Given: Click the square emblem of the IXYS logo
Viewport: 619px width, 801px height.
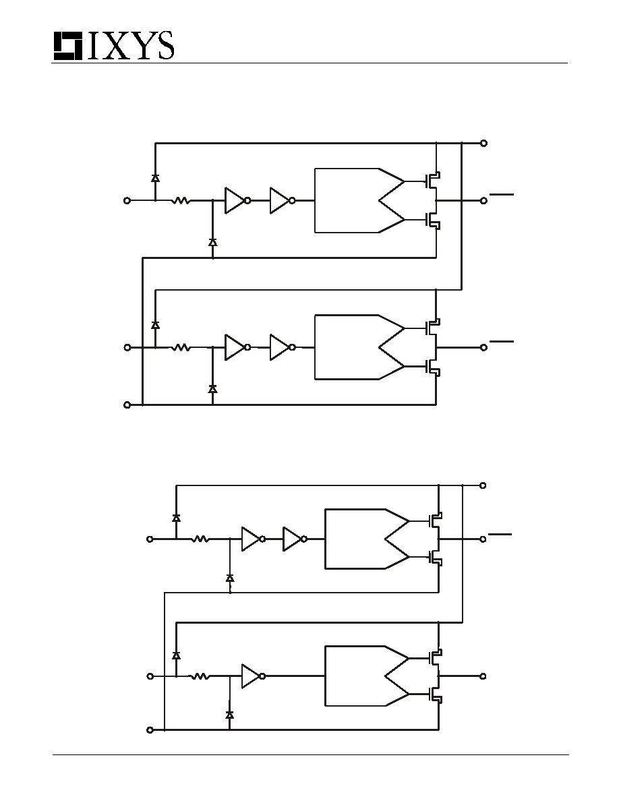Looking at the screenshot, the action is pyautogui.click(x=68, y=46).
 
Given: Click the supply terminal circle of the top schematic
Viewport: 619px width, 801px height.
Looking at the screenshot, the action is pyautogui.click(x=483, y=143).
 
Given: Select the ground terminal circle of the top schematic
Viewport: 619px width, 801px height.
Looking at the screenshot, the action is pyautogui.click(x=127, y=405).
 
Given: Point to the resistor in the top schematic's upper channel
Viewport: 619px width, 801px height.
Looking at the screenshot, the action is pyautogui.click(x=181, y=201).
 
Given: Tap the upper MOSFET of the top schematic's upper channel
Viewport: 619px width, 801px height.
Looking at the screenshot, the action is pyautogui.click(x=433, y=179).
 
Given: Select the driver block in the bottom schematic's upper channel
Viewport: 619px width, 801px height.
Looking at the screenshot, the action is pyautogui.click(x=367, y=539).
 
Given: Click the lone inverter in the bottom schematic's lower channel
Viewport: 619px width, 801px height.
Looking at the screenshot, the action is pyautogui.click(x=254, y=676).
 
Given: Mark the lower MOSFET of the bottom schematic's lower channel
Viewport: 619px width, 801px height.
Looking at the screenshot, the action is pyautogui.click(x=435, y=694).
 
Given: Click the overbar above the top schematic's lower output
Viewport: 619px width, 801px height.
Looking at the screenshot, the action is pyautogui.click(x=502, y=340).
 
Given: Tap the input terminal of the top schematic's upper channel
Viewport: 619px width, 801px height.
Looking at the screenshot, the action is pyautogui.click(x=127, y=201).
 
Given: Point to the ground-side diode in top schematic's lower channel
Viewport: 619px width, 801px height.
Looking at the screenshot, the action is pyautogui.click(x=212, y=389).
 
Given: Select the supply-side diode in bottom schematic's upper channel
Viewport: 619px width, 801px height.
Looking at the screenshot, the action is pyautogui.click(x=176, y=518).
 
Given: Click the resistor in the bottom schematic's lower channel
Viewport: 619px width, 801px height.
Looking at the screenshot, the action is pyautogui.click(x=200, y=676).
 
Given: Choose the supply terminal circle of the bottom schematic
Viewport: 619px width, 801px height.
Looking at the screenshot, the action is pyautogui.click(x=483, y=485).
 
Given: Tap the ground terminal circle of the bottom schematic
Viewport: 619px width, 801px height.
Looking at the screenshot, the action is pyautogui.click(x=150, y=730).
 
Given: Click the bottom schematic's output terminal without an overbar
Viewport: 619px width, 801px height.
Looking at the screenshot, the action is pyautogui.click(x=483, y=676).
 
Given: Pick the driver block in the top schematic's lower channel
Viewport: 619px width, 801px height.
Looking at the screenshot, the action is pyautogui.click(x=359, y=347).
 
